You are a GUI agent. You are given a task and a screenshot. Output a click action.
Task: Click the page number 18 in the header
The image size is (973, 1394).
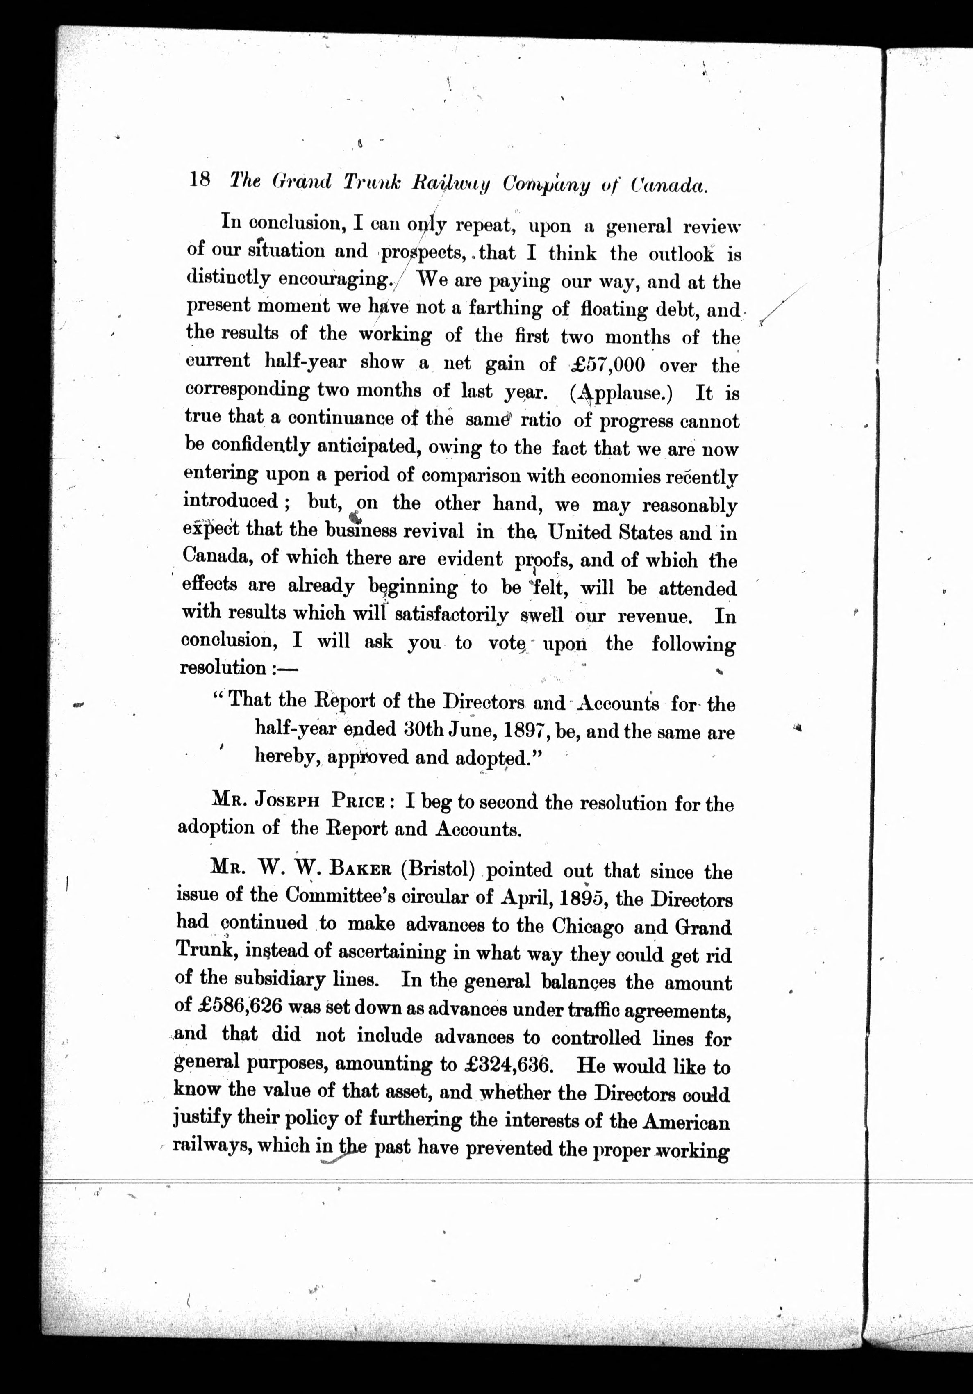coord(200,180)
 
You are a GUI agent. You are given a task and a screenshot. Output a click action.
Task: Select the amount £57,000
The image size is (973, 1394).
coord(607,364)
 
